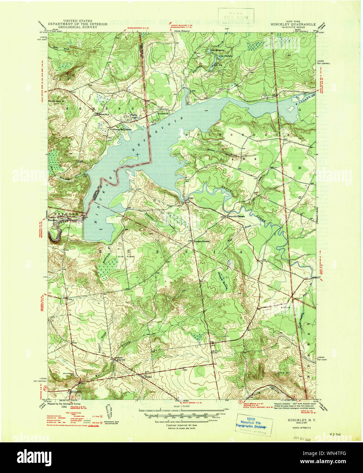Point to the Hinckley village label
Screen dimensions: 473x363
pos(54,220)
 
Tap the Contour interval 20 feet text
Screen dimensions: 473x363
pos(181,425)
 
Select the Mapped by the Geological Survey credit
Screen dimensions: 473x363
pos(70,404)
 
